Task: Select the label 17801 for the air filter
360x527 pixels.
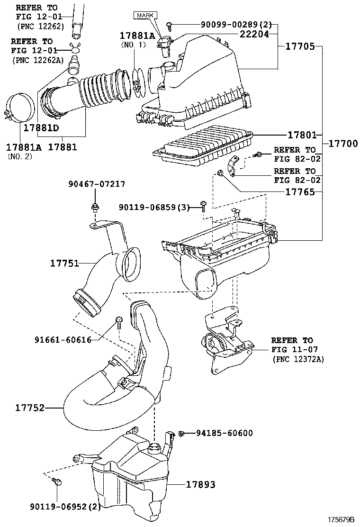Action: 302,135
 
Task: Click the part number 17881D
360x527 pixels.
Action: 41,128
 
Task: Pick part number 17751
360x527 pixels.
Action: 66,263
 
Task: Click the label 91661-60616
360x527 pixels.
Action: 63,339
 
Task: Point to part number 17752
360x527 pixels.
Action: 30,407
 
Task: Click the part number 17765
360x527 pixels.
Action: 301,192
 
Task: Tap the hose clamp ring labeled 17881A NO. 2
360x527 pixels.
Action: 20,109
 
